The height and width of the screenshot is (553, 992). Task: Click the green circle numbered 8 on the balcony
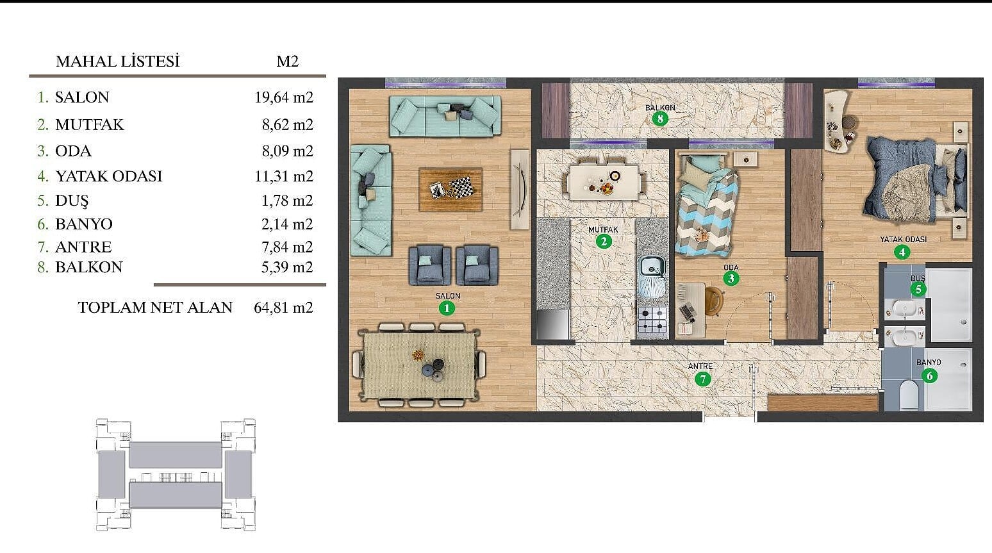pyautogui.click(x=660, y=119)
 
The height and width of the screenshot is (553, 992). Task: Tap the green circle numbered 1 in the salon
pyautogui.click(x=447, y=308)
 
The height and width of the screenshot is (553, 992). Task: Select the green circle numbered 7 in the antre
pyautogui.click(x=702, y=379)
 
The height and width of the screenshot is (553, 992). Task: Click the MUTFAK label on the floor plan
pyautogui.click(x=603, y=230)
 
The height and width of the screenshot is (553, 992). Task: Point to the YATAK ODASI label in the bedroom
pyautogui.click(x=903, y=240)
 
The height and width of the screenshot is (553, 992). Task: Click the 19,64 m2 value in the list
pyautogui.click(x=284, y=97)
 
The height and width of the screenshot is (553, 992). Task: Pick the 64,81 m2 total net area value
pyautogui.click(x=283, y=308)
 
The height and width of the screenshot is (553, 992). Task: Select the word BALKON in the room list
pyautogui.click(x=89, y=267)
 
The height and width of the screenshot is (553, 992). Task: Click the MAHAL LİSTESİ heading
pyautogui.click(x=118, y=62)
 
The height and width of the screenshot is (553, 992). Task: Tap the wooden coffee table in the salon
pyautogui.click(x=451, y=190)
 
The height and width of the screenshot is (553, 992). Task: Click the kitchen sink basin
pyautogui.click(x=652, y=267)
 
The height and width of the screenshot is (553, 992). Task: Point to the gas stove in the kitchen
pyautogui.click(x=652, y=320)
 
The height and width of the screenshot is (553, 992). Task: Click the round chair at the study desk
pyautogui.click(x=713, y=301)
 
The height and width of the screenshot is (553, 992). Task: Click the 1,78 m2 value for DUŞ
pyautogui.click(x=287, y=201)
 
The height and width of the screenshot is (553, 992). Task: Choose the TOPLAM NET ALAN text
pyautogui.click(x=155, y=308)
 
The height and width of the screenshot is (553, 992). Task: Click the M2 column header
pyautogui.click(x=288, y=61)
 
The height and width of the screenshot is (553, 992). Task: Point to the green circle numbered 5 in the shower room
pyautogui.click(x=918, y=290)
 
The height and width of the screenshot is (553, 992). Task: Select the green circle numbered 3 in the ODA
pyautogui.click(x=731, y=279)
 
